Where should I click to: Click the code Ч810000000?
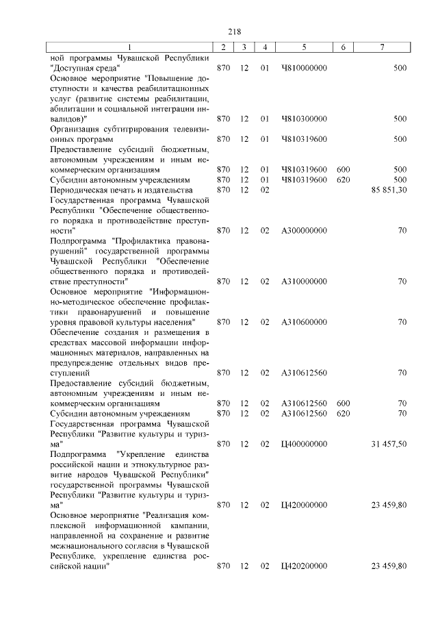tap(304, 69)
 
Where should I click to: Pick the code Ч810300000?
tap(304, 119)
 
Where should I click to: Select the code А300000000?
tap(304, 231)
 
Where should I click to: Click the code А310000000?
tap(304, 281)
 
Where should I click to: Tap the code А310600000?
tap(304, 321)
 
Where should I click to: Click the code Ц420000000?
tap(304, 504)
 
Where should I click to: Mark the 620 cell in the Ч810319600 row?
tap(344, 179)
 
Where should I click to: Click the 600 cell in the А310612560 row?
tap(344, 404)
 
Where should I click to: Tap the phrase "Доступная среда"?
tap(86, 69)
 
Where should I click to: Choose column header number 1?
tap(129, 46)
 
